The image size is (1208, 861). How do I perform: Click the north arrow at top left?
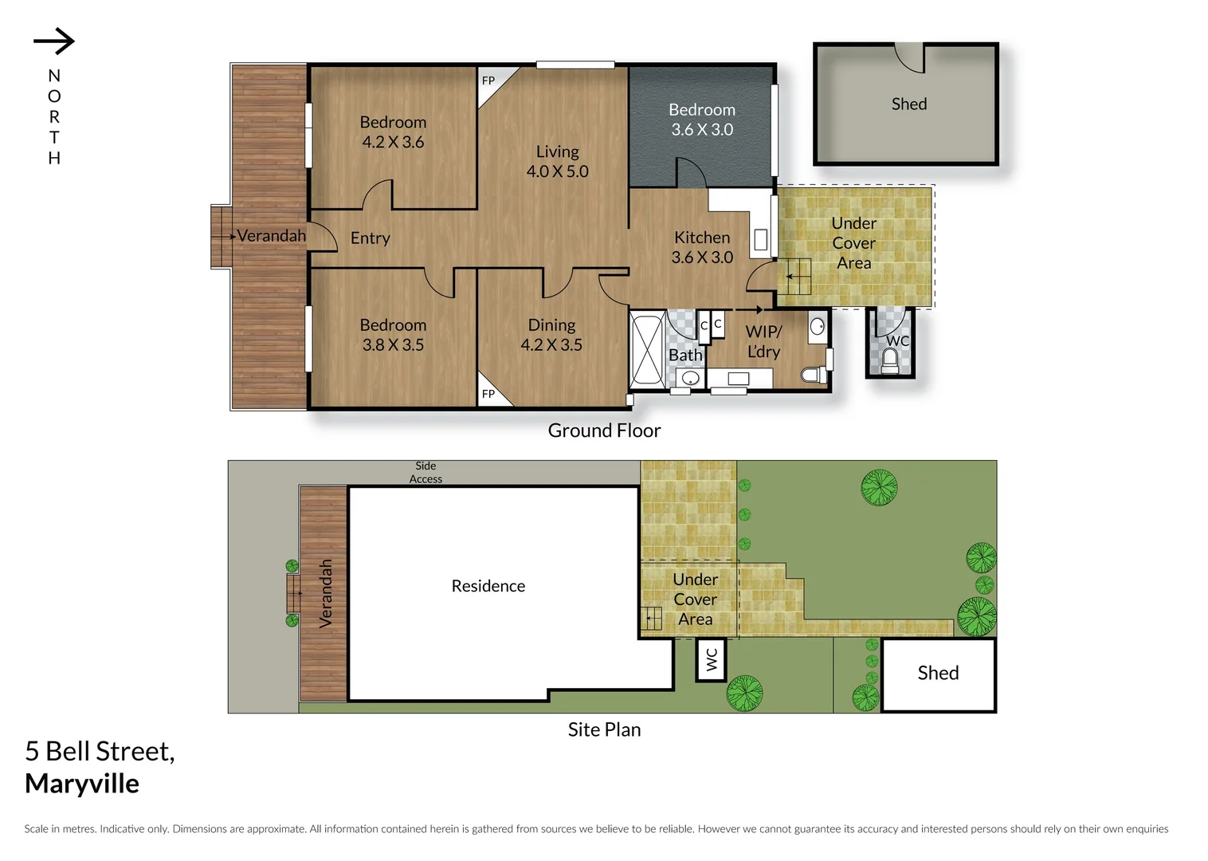tap(54, 41)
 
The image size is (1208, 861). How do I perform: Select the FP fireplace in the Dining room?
tap(489, 394)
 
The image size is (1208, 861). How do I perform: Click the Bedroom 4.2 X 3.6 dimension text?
tap(393, 143)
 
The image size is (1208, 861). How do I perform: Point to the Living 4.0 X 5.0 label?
tap(557, 161)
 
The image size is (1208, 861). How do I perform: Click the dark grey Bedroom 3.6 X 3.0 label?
tap(701, 120)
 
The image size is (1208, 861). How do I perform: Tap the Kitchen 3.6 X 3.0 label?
tap(701, 247)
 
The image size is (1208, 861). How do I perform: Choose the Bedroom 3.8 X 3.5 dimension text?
tap(393, 345)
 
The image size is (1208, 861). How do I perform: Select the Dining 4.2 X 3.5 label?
tap(551, 335)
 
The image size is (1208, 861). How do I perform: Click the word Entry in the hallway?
tap(370, 238)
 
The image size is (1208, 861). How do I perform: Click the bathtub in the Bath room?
tap(646, 352)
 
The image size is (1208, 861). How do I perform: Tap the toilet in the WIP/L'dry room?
tap(812, 375)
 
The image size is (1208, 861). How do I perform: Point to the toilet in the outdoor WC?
tap(890, 362)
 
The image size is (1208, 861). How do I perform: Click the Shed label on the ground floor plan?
tap(908, 104)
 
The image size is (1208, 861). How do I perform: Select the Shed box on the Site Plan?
tap(938, 674)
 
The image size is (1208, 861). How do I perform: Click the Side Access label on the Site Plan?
tap(426, 472)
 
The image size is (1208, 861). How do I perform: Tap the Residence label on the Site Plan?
tap(488, 586)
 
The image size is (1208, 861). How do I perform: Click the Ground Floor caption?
tap(604, 431)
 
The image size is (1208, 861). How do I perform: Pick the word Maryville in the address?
tap(82, 784)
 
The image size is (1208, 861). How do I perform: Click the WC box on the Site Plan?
tap(712, 659)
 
